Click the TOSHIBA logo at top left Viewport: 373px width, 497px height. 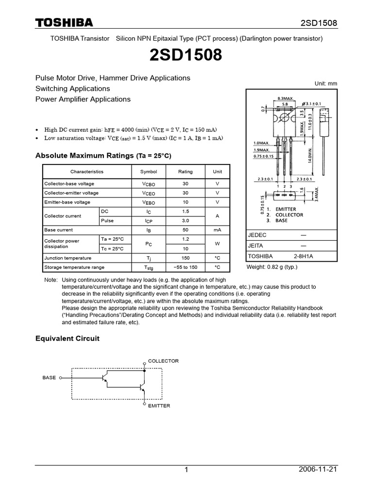pos(64,23)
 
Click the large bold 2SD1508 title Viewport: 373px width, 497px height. pos(186,56)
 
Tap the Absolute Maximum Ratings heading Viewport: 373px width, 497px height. pos(103,156)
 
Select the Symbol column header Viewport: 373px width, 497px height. pos(149,171)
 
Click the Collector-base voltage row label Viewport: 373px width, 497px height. pos(69,184)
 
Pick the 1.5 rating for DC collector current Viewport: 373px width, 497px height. pos(185,211)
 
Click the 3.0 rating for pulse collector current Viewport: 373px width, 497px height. pos(185,220)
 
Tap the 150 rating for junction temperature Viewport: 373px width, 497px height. pos(185,258)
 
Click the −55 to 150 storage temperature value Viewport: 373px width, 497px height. pos(185,267)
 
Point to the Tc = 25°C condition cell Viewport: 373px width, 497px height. pos(112,248)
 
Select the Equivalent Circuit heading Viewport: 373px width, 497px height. pos(68,338)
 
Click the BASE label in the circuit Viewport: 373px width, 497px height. pos(49,377)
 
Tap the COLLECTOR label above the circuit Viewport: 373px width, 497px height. pos(163,361)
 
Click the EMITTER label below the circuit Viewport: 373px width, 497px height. pos(159,406)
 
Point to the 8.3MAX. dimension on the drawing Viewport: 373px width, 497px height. pos(286,99)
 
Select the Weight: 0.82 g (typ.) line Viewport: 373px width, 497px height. pos(272,267)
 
